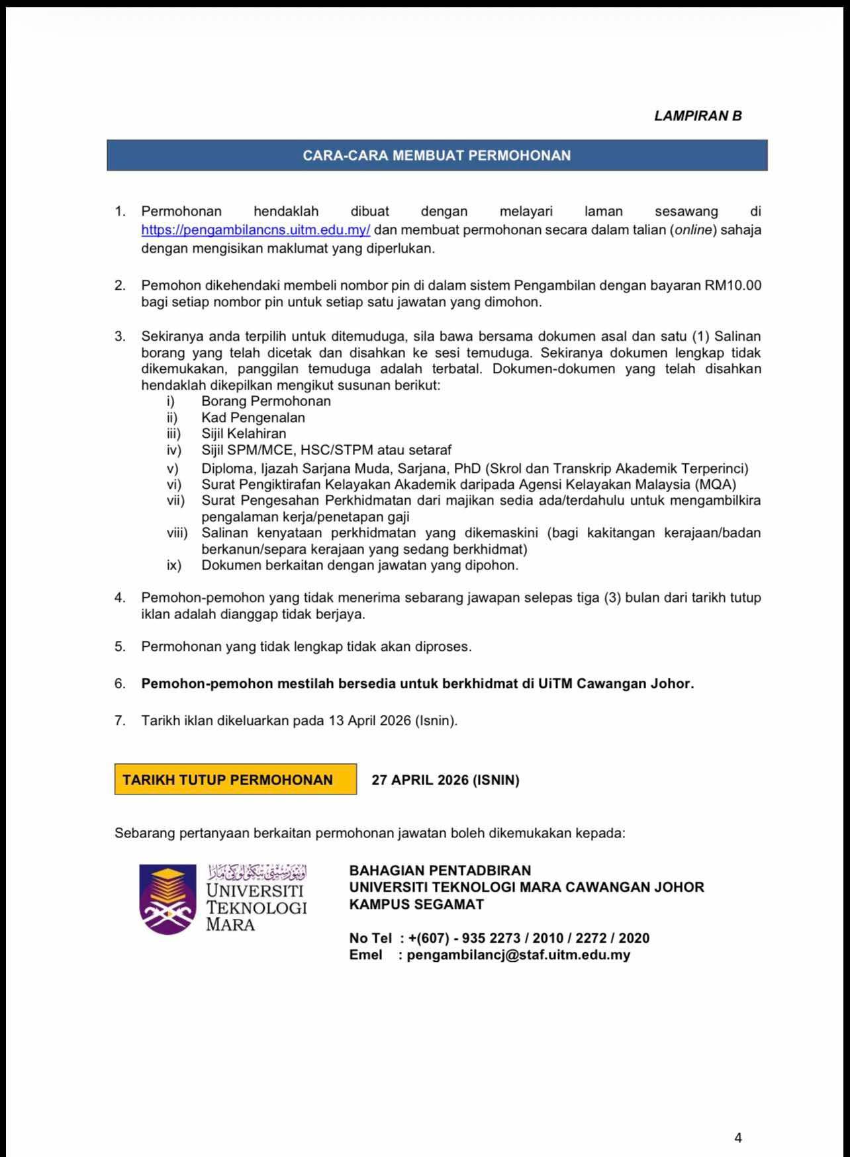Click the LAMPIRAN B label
point(698,116)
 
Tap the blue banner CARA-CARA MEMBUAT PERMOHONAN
point(437,155)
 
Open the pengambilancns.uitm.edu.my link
point(256,230)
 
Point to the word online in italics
point(693,230)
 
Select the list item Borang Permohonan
point(266,401)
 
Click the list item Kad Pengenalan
point(253,417)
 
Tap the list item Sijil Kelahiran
point(244,434)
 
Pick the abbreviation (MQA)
point(715,484)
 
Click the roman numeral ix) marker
point(173,566)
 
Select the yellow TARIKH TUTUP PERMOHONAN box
point(235,780)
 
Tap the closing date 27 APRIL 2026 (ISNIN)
point(445,780)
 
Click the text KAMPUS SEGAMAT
point(416,904)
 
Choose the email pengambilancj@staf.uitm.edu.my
point(518,955)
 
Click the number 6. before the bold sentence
point(120,684)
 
